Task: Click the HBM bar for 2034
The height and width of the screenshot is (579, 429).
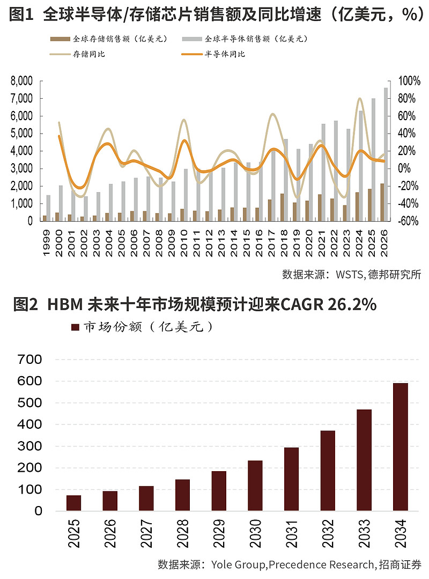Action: pyautogui.click(x=400, y=446)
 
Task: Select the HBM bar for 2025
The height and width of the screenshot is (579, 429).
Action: pyautogui.click(x=74, y=503)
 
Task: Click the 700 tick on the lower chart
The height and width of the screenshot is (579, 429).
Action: pyautogui.click(x=31, y=360)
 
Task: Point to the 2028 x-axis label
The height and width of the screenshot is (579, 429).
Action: pyautogui.click(x=182, y=534)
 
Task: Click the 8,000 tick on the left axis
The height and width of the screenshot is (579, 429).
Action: pyautogui.click(x=22, y=81)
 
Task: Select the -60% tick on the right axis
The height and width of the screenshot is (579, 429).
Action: pyautogui.click(x=409, y=221)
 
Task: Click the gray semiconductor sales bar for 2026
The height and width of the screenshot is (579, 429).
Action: pyautogui.click(x=386, y=154)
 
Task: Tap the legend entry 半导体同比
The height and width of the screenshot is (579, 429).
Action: pyautogui.click(x=225, y=54)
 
